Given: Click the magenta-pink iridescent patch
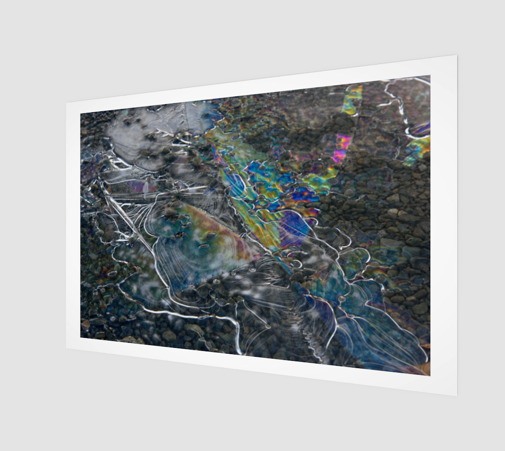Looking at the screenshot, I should pos(342,148).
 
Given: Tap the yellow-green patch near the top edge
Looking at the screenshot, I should pos(352,100).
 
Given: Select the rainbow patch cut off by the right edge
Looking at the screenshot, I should pos(418,148).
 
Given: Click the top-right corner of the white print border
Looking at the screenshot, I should pos(457,56).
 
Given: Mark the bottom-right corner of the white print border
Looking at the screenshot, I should pos(457,396).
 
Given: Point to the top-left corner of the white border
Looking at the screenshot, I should pos(67,103).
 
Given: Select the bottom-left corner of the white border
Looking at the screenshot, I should pos(67,348).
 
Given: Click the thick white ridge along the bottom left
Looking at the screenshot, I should pos(189,314).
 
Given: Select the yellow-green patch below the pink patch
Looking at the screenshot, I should pos(321,179).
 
